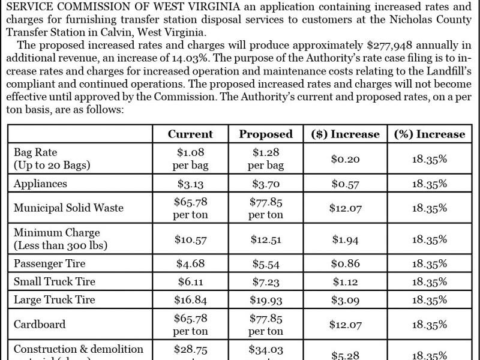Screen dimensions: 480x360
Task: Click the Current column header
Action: click(x=190, y=134)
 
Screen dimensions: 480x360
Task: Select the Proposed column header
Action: click(x=266, y=134)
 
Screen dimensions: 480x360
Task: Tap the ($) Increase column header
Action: click(x=345, y=134)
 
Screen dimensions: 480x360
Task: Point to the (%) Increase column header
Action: click(x=430, y=134)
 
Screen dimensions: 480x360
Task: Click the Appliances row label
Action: click(x=40, y=184)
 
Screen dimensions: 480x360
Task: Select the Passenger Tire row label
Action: click(x=50, y=263)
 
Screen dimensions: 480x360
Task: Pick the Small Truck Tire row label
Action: click(x=55, y=281)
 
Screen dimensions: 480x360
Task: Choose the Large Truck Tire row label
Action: click(x=55, y=299)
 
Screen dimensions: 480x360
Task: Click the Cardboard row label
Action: click(x=39, y=324)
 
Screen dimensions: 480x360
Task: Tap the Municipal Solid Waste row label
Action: click(x=68, y=208)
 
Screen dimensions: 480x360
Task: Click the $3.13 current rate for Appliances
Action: click(x=190, y=184)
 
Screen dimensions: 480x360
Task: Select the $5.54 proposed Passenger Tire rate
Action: click(x=266, y=263)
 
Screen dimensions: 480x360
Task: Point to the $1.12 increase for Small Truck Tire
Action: click(x=345, y=281)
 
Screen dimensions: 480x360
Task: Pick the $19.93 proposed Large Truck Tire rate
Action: click(x=266, y=299)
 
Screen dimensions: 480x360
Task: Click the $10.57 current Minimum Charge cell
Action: click(x=190, y=239)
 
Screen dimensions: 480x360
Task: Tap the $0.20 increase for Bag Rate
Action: click(x=345, y=159)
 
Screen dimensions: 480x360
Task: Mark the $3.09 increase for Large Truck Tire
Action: click(x=345, y=299)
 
